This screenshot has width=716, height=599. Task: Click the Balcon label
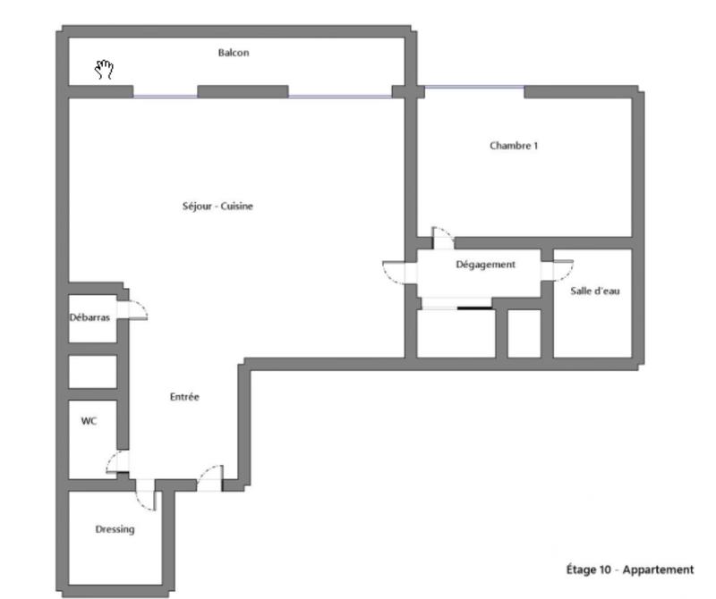click(234, 53)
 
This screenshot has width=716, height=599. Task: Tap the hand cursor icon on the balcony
click(105, 69)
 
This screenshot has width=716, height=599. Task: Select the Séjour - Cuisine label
click(217, 207)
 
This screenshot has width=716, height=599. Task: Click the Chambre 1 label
click(514, 146)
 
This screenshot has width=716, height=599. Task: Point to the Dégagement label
click(485, 265)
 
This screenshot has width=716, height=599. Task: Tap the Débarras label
click(90, 317)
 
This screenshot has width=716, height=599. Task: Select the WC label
click(89, 421)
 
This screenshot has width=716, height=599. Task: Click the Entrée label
click(184, 398)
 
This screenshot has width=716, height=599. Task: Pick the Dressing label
click(115, 529)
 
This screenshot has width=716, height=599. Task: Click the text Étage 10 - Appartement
click(630, 569)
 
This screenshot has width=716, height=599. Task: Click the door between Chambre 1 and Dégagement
click(442, 238)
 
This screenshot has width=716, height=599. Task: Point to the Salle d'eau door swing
click(561, 268)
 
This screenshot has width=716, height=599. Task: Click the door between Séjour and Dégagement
click(395, 271)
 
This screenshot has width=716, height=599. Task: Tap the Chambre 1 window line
click(473, 88)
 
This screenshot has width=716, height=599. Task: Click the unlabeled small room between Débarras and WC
click(93, 372)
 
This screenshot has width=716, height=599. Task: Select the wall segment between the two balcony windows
click(243, 91)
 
